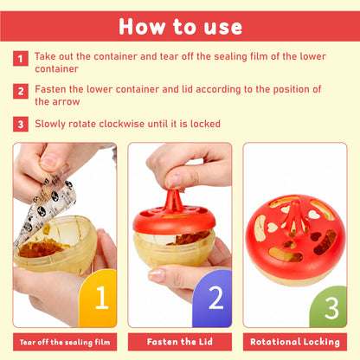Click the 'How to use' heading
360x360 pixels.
point(180,27)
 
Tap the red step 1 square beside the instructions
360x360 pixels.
point(21,59)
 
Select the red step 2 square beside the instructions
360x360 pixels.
point(21,91)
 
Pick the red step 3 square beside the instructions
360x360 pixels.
point(21,124)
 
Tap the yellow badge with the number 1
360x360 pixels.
point(98,299)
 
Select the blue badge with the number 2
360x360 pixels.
point(212,299)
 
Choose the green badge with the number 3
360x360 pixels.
point(328,306)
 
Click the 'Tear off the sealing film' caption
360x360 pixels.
point(65,342)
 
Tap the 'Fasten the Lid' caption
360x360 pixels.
point(180,342)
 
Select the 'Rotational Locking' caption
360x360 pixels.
point(295,342)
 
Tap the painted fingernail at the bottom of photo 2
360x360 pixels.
point(157,275)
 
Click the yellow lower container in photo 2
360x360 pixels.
point(174,248)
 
